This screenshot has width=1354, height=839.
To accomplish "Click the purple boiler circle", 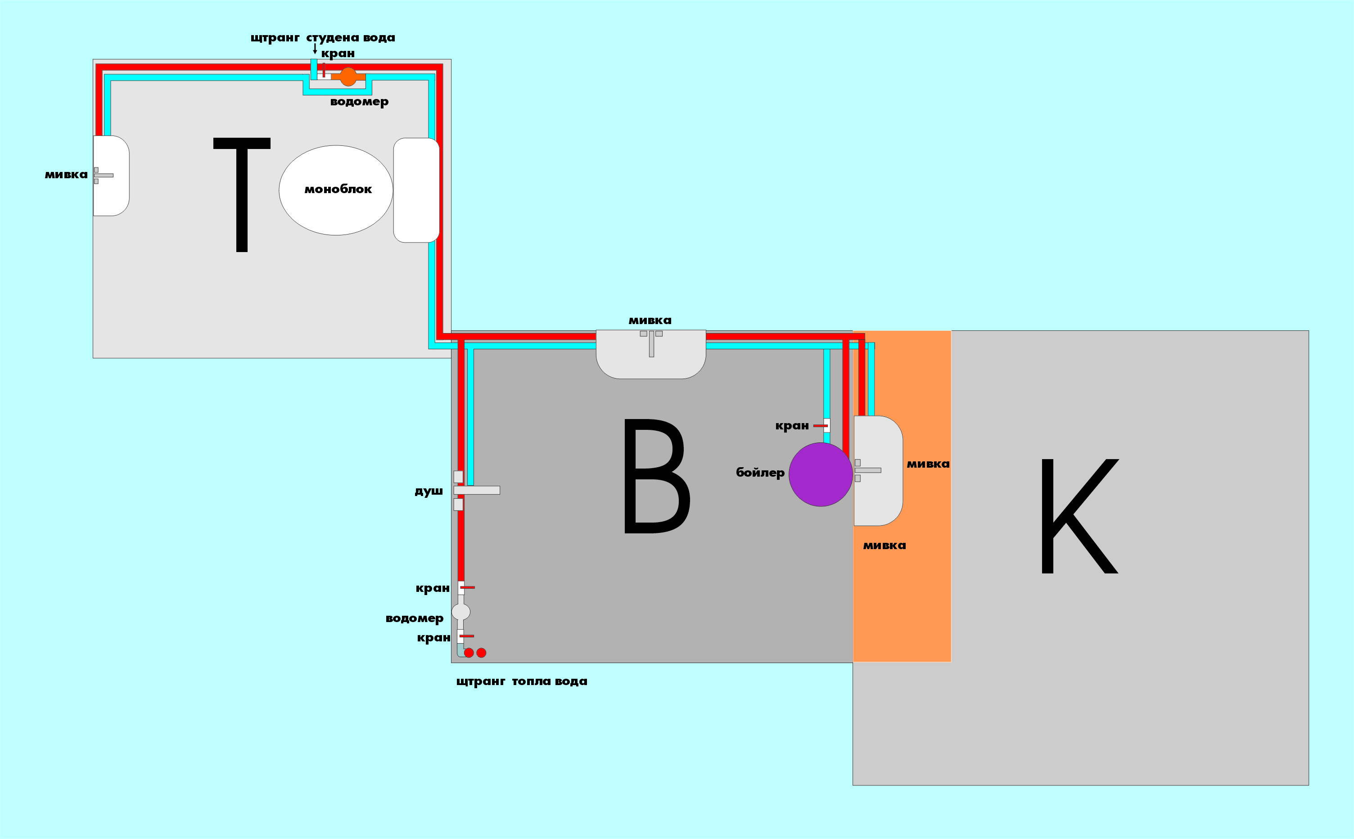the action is pyautogui.click(x=820, y=474).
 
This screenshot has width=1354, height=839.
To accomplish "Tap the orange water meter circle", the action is pyautogui.click(x=348, y=77).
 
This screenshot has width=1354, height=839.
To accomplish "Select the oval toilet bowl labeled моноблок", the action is pyautogui.click(x=336, y=190).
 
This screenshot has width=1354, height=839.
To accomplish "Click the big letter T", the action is pyautogui.click(x=242, y=195).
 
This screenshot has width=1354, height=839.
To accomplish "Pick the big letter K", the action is pyautogui.click(x=1079, y=515).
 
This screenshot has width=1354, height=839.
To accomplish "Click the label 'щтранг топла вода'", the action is pyautogui.click(x=522, y=681).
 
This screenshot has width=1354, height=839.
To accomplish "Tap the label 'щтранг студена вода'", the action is pyautogui.click(x=323, y=38).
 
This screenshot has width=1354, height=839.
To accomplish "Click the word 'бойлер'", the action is pyautogui.click(x=760, y=473).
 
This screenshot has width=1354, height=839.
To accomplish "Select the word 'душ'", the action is pyautogui.click(x=429, y=491).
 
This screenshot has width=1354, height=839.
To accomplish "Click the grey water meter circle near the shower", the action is pyautogui.click(x=460, y=612).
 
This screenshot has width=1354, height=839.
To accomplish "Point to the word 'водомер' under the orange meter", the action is pyautogui.click(x=359, y=102).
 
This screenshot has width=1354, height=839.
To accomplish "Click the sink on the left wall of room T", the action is pyautogui.click(x=111, y=176).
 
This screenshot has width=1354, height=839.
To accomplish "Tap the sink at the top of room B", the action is pyautogui.click(x=651, y=354).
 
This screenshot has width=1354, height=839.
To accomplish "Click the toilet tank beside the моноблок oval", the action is pyautogui.click(x=416, y=190).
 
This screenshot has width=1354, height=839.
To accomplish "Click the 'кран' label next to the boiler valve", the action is pyautogui.click(x=792, y=426).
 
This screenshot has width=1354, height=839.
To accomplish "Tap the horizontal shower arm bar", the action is pyautogui.click(x=477, y=490).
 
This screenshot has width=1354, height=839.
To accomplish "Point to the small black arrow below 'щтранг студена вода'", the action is pyautogui.click(x=315, y=48).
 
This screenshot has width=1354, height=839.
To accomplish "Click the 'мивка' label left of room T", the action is pyautogui.click(x=66, y=175).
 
